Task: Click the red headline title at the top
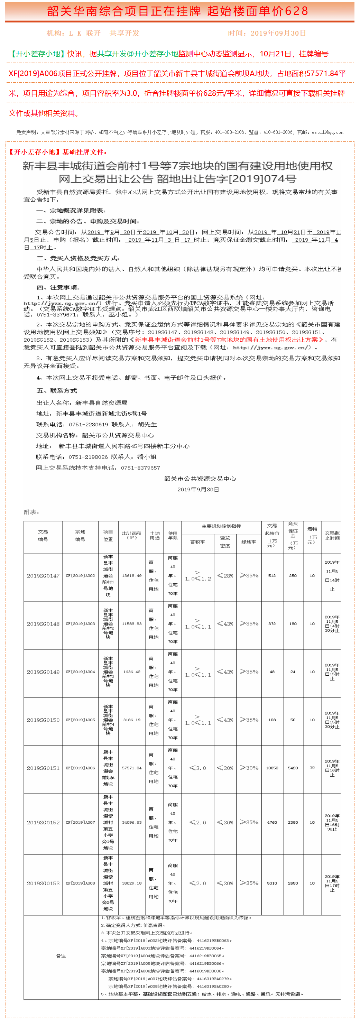click(177, 11)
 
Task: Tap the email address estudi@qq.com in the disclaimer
click(327, 132)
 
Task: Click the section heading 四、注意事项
click(58, 287)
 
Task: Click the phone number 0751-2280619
click(89, 424)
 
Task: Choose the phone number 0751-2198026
click(88, 457)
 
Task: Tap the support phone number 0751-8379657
click(141, 468)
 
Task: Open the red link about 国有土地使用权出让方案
click(229, 340)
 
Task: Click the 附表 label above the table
click(31, 512)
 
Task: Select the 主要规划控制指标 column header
click(221, 526)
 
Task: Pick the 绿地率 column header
click(249, 542)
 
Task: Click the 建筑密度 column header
click(225, 542)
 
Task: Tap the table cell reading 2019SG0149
click(43, 672)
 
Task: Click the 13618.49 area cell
click(132, 576)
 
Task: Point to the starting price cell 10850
click(272, 768)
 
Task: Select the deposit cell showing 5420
click(293, 768)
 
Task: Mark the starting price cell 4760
click(272, 822)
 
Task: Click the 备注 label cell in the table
click(61, 956)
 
